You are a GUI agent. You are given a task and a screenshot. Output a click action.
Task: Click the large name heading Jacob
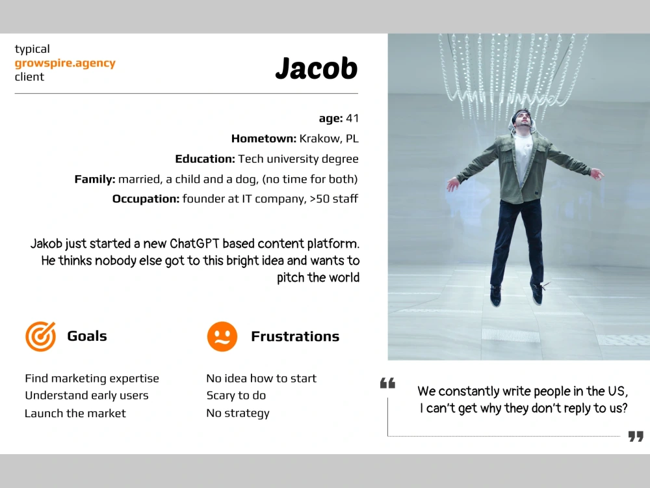tap(316, 68)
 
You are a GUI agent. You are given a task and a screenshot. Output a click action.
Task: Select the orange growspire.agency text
tap(65, 63)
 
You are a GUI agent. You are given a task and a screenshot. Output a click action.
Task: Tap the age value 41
tap(352, 118)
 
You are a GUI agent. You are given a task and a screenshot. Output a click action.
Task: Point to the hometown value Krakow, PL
tap(328, 139)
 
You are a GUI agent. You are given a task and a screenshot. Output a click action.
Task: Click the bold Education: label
tap(205, 159)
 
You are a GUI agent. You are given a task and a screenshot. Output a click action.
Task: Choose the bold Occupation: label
tap(146, 199)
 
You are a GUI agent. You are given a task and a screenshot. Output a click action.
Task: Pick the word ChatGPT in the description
tap(196, 244)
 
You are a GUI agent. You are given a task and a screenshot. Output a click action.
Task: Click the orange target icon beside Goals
tap(40, 336)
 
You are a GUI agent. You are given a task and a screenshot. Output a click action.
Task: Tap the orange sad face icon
tap(222, 336)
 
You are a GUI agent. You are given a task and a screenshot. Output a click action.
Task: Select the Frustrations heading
tap(295, 336)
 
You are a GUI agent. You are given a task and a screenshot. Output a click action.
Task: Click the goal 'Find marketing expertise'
tap(92, 379)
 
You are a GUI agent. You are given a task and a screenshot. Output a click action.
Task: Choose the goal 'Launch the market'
tap(75, 414)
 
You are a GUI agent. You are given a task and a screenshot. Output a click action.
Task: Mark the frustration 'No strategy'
tap(238, 414)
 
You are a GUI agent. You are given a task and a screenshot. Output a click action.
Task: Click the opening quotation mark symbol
tap(387, 383)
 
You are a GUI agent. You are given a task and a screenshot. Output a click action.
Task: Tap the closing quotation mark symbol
tap(636, 436)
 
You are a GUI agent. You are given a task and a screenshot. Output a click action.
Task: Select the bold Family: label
tap(95, 179)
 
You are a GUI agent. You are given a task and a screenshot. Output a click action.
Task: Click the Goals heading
tap(87, 336)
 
